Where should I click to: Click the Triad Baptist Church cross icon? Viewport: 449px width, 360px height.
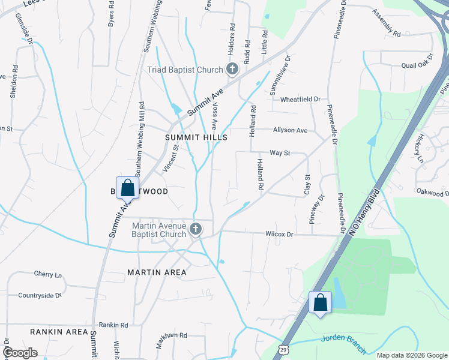point(232,70)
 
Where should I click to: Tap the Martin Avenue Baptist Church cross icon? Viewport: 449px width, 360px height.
point(195,229)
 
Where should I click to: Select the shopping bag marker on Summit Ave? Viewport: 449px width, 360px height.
point(127,188)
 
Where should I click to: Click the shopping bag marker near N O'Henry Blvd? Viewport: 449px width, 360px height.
point(320,302)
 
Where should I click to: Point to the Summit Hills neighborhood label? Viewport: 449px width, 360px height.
point(196,137)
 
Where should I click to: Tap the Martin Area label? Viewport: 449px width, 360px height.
point(157,272)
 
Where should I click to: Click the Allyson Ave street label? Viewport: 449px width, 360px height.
point(290,130)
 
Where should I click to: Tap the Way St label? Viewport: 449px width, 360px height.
point(280,153)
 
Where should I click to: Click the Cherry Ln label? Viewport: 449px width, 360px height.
point(48,275)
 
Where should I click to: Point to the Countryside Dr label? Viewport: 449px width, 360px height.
point(40,295)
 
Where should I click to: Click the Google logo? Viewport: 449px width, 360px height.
point(20,353)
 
